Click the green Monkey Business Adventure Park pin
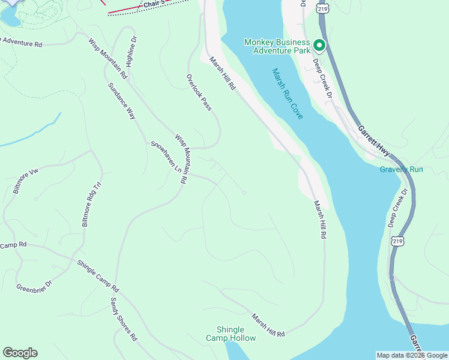319,46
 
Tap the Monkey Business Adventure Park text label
277,46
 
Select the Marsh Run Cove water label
288,94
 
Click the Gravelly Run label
401,169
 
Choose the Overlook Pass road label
199,92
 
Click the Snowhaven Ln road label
166,155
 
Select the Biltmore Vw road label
25,181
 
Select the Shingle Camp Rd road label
98,275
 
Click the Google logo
20,353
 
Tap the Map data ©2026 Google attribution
411,355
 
